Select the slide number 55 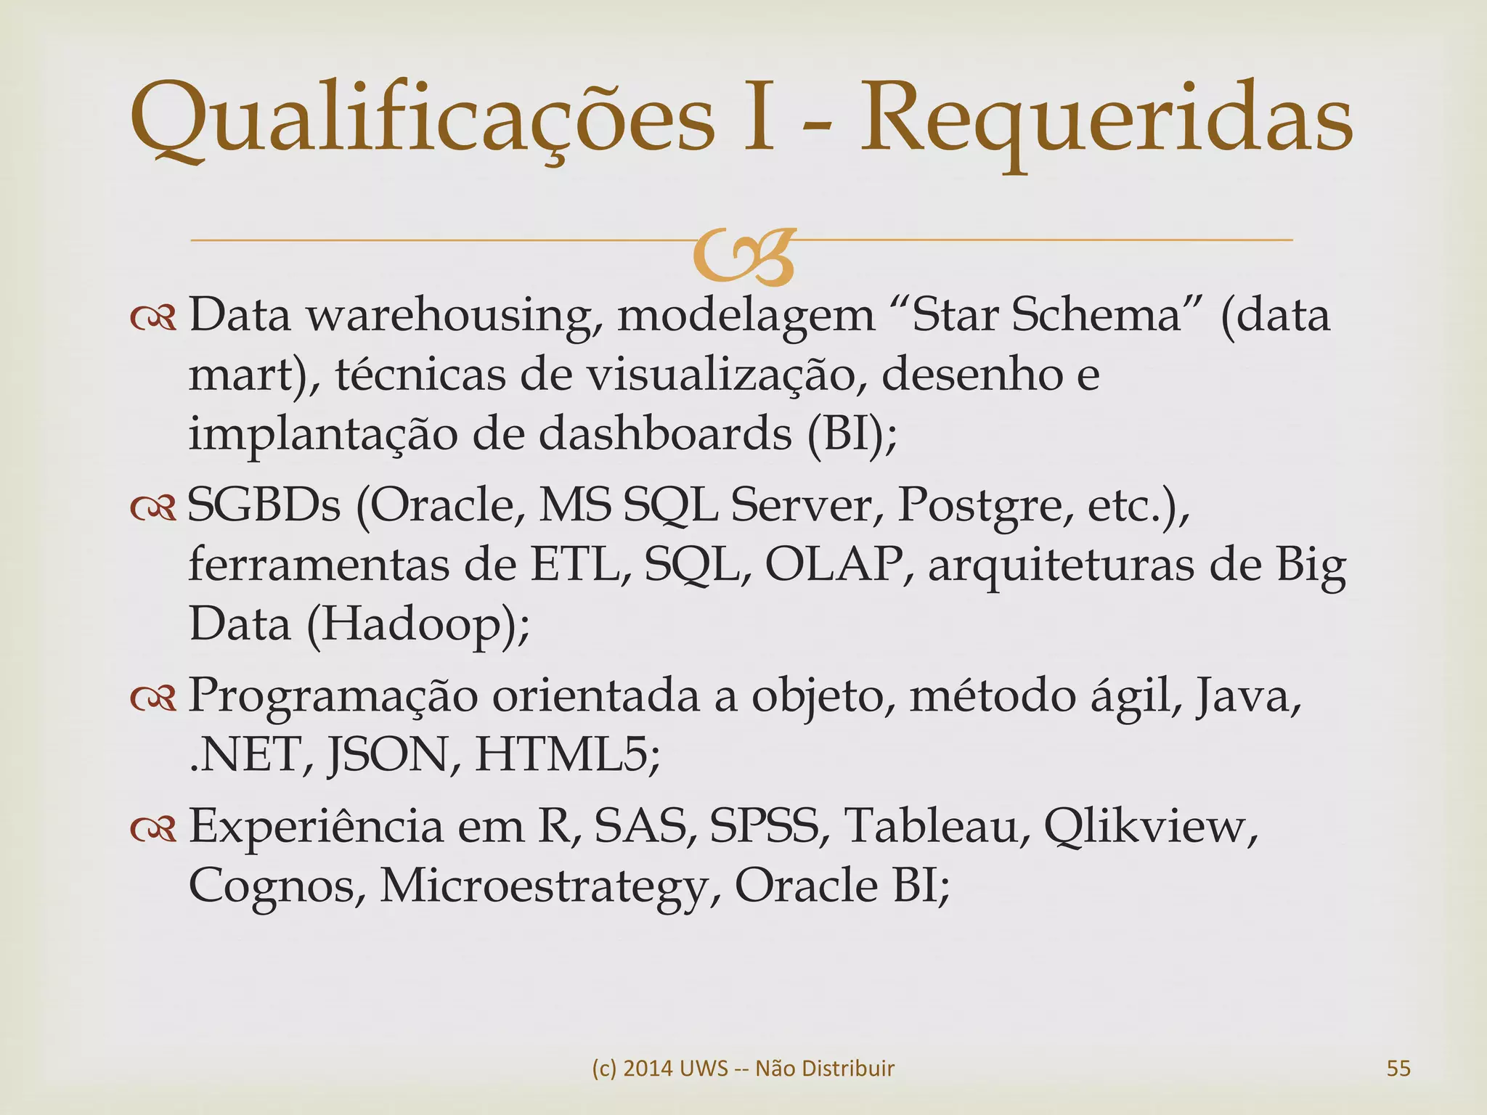coord(1398,1068)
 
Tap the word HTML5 coord(567,755)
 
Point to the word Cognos coord(277,886)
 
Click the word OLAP coord(835,564)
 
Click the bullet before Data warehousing coord(153,317)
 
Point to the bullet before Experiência coord(153,828)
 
